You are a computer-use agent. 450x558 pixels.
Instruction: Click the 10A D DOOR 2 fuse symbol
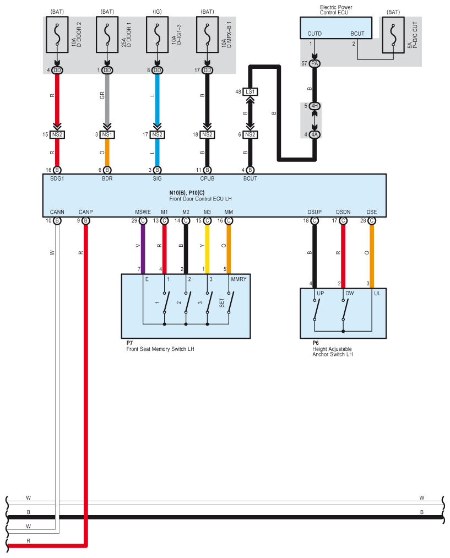point(57,35)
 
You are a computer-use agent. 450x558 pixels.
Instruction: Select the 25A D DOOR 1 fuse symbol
point(107,35)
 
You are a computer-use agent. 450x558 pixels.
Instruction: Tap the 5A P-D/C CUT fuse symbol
point(393,35)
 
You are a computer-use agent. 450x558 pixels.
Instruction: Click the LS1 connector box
point(250,92)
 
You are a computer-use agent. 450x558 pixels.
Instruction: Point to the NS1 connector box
point(107,134)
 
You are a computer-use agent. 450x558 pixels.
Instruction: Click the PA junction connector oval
point(315,63)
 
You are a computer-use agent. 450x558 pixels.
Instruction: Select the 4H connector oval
point(315,106)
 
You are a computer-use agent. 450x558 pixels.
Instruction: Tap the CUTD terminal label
point(315,34)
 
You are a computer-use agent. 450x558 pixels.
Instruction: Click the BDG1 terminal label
point(57,178)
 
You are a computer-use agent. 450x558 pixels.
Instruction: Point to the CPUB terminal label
point(207,178)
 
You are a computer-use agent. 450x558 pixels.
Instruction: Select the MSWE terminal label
point(143,212)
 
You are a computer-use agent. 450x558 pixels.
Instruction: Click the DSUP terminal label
point(315,212)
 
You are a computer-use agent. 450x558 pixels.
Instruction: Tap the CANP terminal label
point(85,212)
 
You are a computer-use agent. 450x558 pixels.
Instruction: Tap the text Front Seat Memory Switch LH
point(160,349)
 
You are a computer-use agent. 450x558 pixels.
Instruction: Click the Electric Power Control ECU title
point(336,9)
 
